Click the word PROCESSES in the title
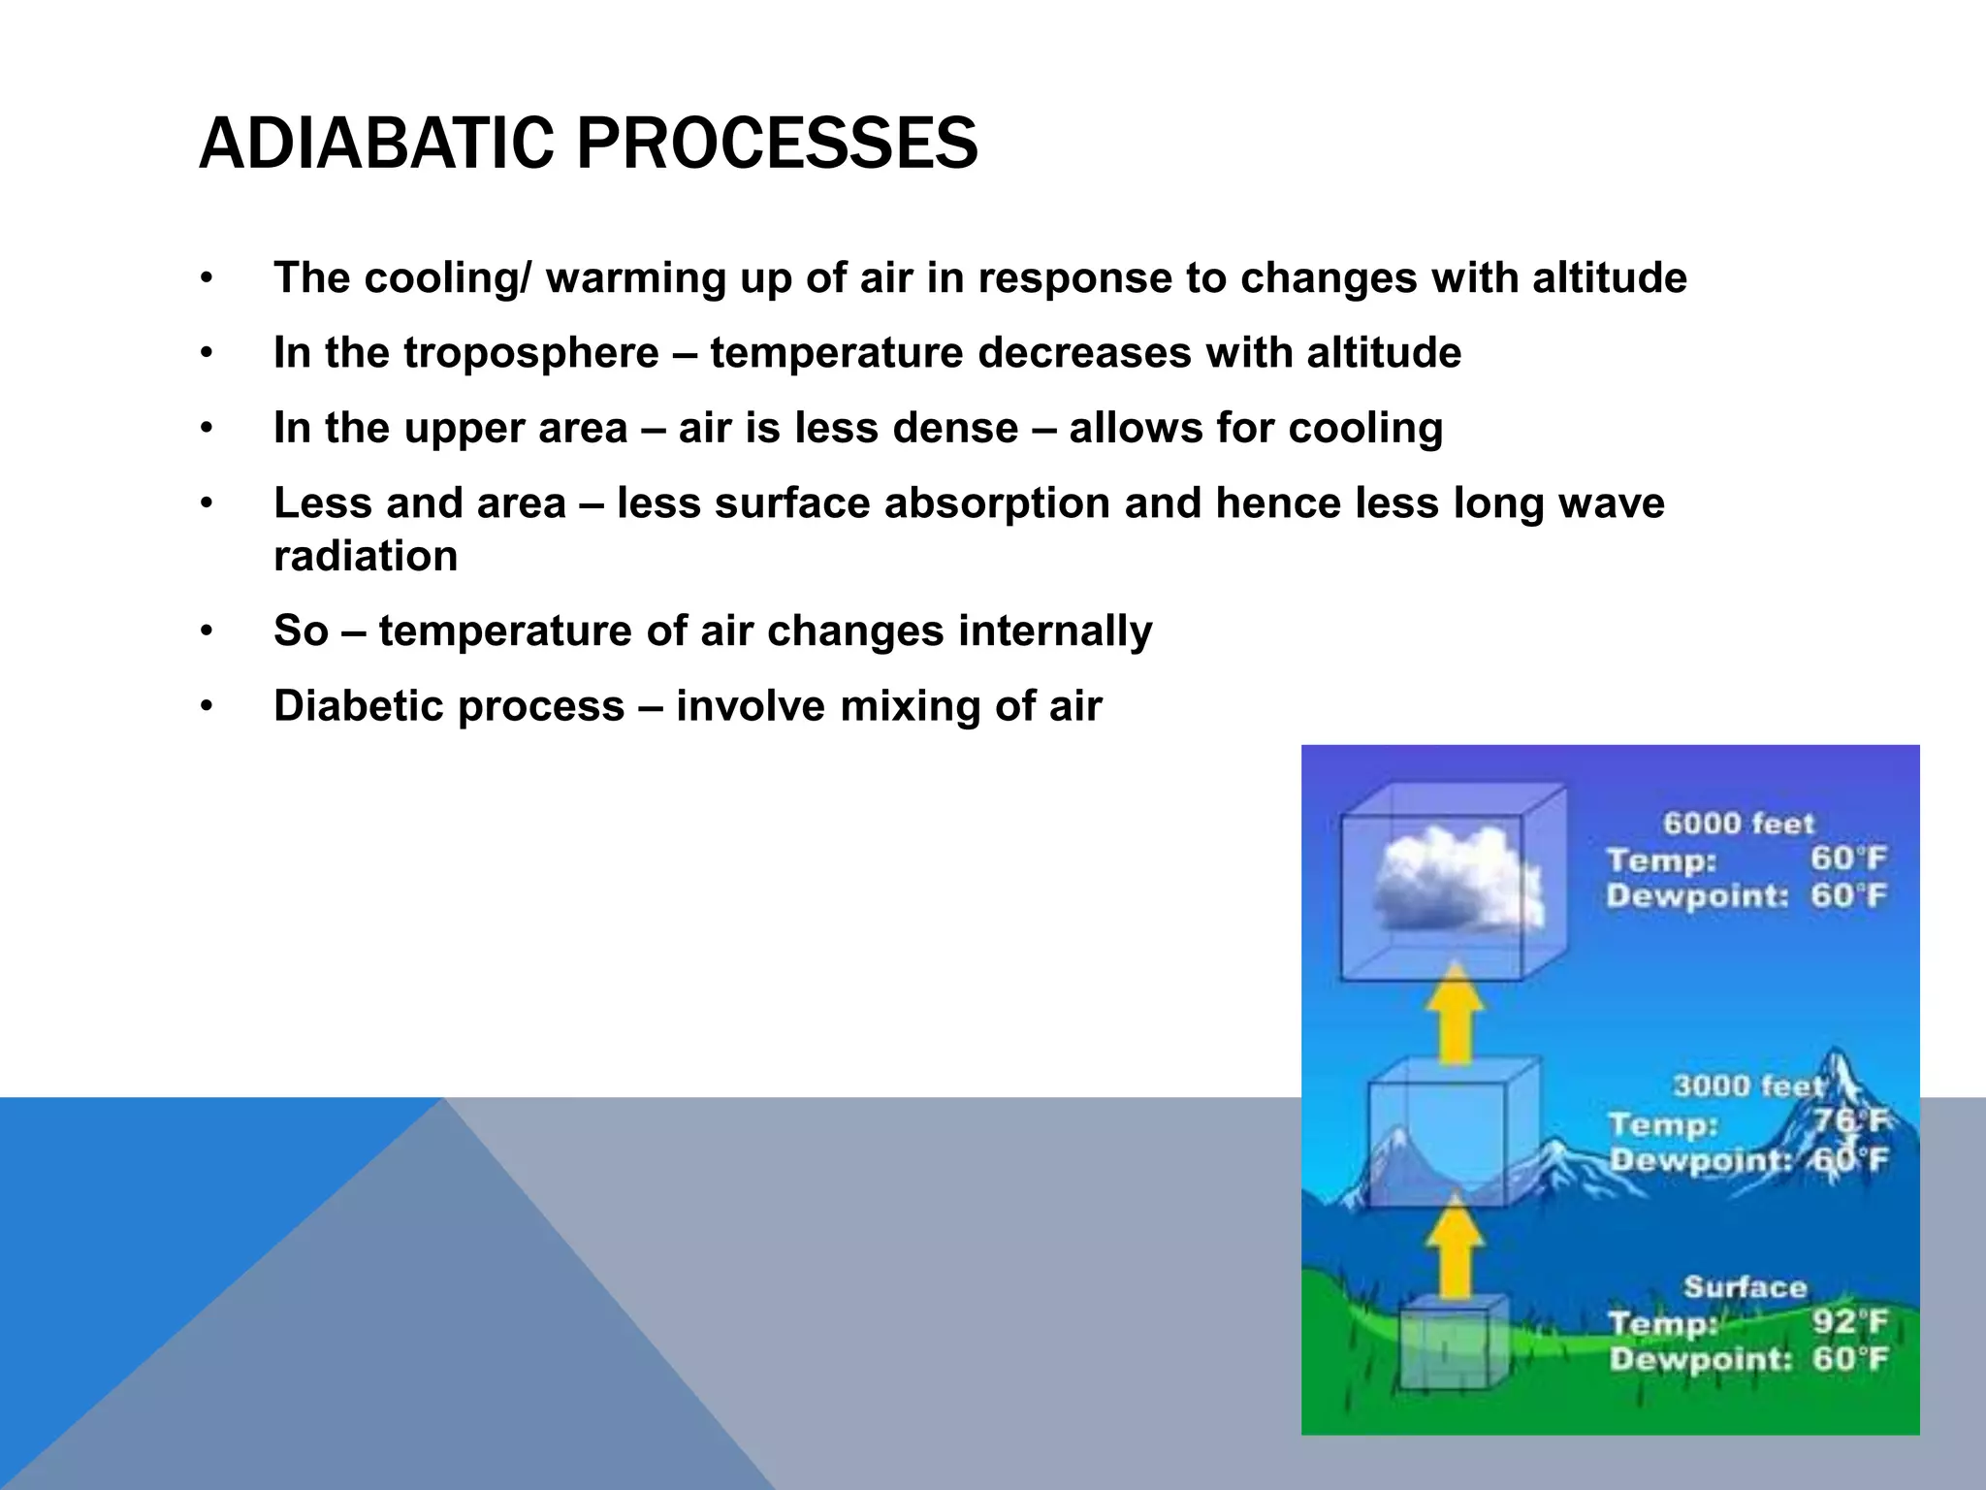[777, 144]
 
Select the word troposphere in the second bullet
[531, 352]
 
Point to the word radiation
[366, 556]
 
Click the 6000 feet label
[1738, 824]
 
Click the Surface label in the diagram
[1745, 1287]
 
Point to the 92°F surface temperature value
[1849, 1322]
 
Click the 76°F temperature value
[1849, 1121]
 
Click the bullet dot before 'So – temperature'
[206, 632]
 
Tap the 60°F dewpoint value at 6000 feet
[1848, 895]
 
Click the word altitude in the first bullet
[1610, 277]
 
